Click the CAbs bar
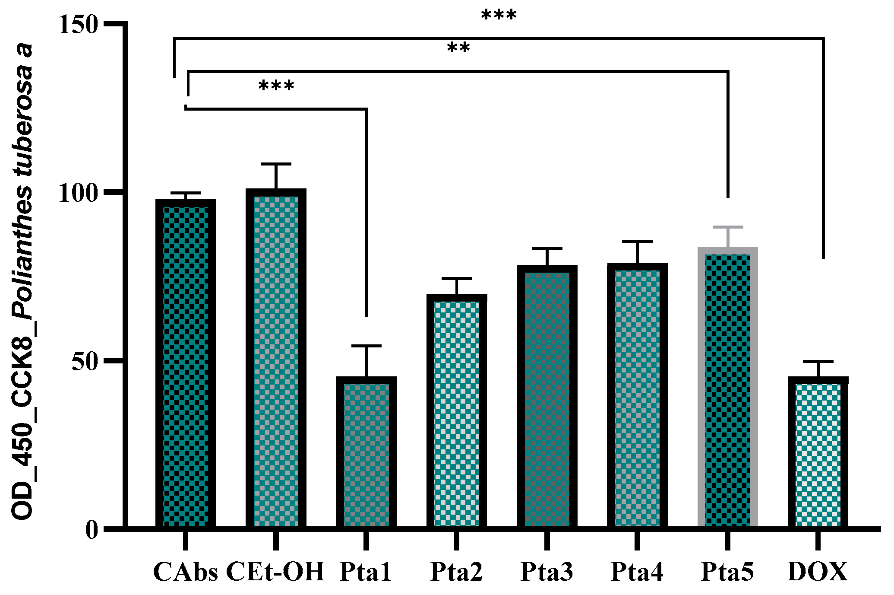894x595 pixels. pos(186,363)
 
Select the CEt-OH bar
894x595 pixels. pos(276,359)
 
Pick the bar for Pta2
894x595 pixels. pos(457,410)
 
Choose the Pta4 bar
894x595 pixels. pos(637,395)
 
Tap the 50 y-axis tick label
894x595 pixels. pos(84,361)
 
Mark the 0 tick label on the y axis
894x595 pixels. pos(92,529)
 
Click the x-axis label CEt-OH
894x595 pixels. pos(275,572)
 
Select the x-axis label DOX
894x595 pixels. pos(818,572)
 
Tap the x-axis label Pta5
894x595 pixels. pos(727,572)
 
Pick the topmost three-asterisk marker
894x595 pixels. pos(499,16)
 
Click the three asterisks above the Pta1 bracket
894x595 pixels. pos(276,86)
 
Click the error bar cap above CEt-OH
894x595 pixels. pos(276,164)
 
